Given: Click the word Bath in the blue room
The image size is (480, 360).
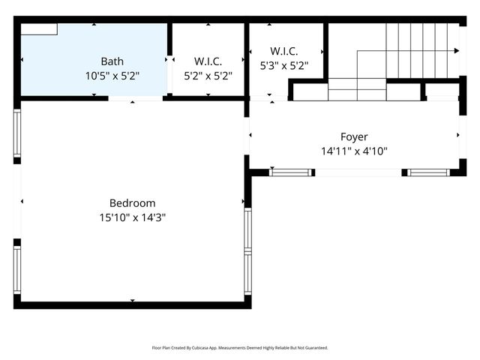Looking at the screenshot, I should [x=112, y=61].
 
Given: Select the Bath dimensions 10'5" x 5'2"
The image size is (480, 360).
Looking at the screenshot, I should [x=112, y=76].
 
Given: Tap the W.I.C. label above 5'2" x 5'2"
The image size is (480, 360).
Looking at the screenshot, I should [x=208, y=61].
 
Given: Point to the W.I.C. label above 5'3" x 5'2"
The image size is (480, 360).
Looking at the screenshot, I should [x=283, y=51].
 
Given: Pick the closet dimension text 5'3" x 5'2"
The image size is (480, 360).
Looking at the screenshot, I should [x=283, y=65].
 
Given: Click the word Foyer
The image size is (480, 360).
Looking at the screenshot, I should [x=354, y=137].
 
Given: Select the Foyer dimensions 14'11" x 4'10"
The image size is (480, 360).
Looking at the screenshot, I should [x=354, y=151].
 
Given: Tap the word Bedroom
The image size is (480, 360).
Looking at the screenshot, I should [x=132, y=203].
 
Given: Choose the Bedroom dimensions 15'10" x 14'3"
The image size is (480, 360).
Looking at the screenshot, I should [x=132, y=217].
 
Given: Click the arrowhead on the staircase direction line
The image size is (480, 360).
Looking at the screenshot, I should [x=456, y=51].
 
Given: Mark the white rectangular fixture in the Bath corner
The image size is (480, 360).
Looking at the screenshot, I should [x=39, y=28].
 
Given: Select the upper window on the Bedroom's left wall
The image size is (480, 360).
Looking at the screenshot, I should [x=17, y=133].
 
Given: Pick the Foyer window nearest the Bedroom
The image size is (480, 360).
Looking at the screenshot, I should [x=290, y=172].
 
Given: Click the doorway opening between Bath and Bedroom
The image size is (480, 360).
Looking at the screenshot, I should [x=135, y=97].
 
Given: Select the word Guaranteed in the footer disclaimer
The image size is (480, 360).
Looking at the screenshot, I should [x=313, y=348].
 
